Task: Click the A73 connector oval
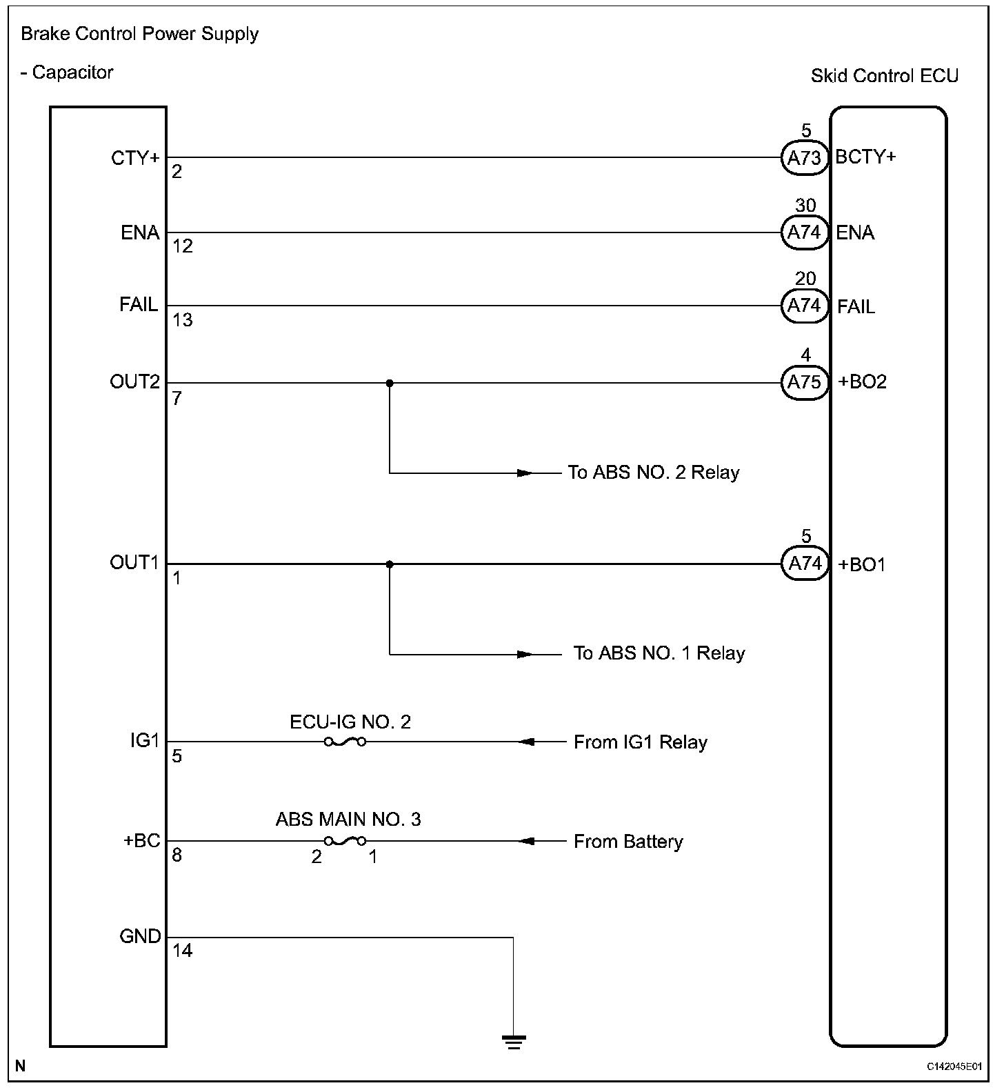point(804,158)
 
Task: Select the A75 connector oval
point(804,382)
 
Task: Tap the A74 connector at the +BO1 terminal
point(804,564)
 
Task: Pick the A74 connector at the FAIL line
point(804,306)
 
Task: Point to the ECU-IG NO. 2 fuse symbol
point(345,742)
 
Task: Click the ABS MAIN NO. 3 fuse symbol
point(345,841)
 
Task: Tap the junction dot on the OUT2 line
point(390,383)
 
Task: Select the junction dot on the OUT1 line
point(390,564)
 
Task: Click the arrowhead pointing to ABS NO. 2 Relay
point(525,473)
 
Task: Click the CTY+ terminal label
point(135,158)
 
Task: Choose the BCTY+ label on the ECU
point(865,157)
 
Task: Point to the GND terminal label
point(140,936)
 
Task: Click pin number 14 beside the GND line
point(183,951)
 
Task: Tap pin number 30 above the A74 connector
point(805,205)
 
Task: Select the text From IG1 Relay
point(641,742)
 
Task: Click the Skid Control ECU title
point(884,75)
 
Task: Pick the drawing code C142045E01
point(954,1067)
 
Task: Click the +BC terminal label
point(142,841)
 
